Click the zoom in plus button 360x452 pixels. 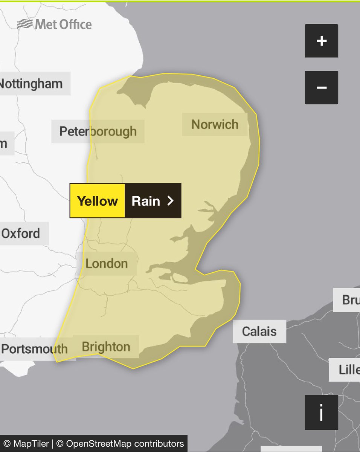pyautogui.click(x=321, y=41)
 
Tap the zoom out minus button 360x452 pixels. pyautogui.click(x=321, y=87)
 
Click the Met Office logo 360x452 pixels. pyautogui.click(x=55, y=25)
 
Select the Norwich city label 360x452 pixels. pyautogui.click(x=215, y=124)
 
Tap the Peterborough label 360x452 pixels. pyautogui.click(x=98, y=131)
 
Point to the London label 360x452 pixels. pyautogui.click(x=107, y=264)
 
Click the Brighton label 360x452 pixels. pyautogui.click(x=106, y=347)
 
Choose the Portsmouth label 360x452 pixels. pyautogui.click(x=35, y=349)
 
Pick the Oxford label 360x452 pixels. pyautogui.click(x=21, y=234)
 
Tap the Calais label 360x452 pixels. pyautogui.click(x=259, y=331)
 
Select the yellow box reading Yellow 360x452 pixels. pyautogui.click(x=97, y=201)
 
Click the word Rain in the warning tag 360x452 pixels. pyautogui.click(x=146, y=201)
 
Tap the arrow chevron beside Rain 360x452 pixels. pyautogui.click(x=171, y=201)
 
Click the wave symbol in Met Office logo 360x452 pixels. pyautogui.click(x=25, y=25)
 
